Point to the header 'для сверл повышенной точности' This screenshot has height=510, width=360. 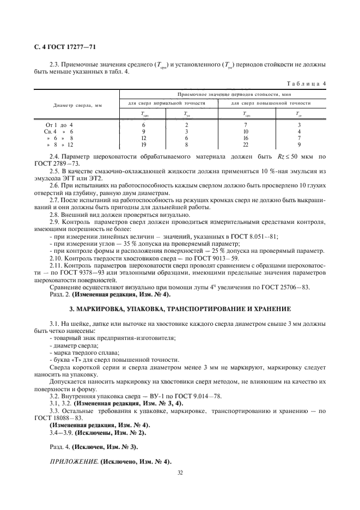point(271,102)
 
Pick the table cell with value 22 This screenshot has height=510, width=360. point(246,145)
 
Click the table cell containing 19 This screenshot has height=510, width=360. point(143,145)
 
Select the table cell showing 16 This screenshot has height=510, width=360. point(246,138)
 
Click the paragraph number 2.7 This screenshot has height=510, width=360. point(55,200)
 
